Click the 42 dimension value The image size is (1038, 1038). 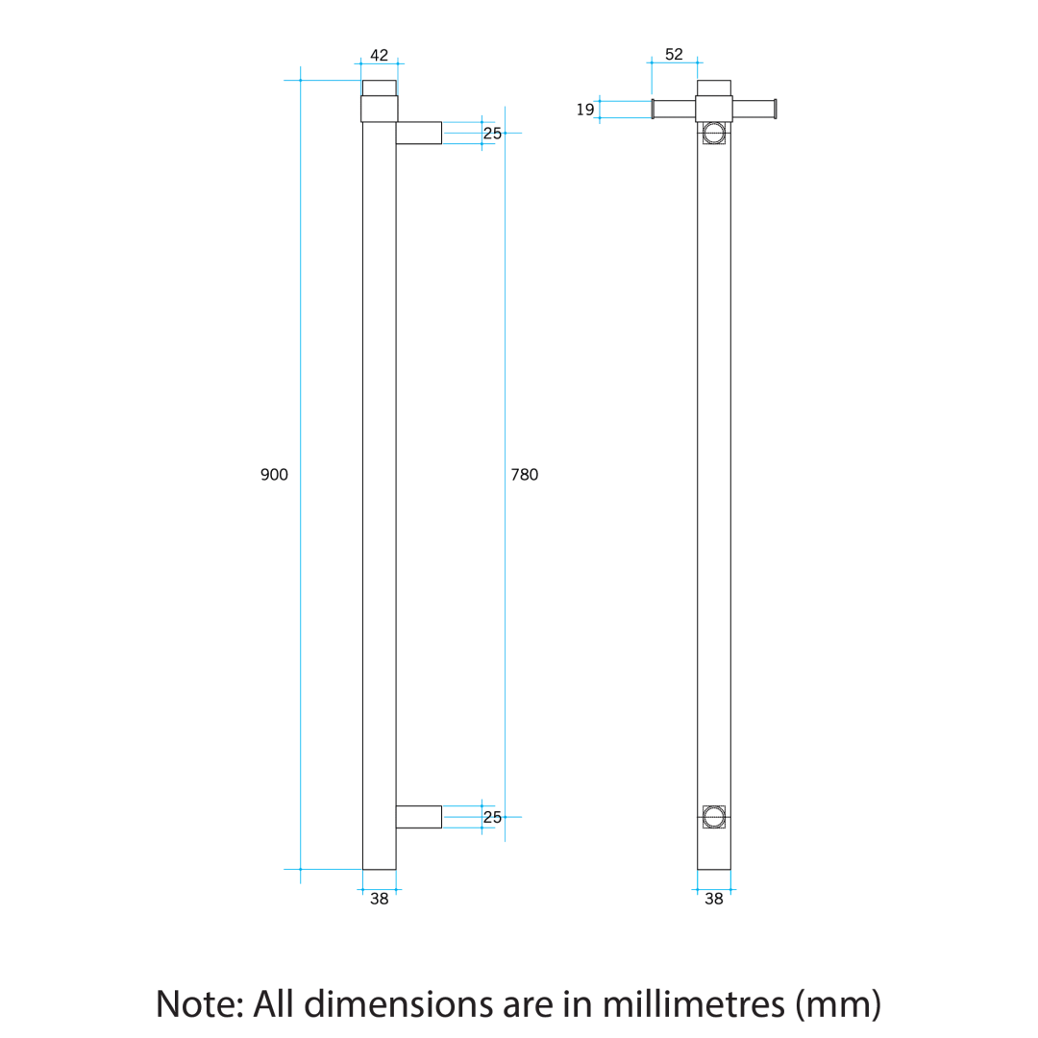379,55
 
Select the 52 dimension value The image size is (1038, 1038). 674,55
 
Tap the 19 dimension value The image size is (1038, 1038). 585,110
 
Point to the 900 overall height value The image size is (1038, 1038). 274,475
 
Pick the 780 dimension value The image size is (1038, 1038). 524,475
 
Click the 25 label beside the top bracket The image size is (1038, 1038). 492,134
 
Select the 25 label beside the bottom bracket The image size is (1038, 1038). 492,818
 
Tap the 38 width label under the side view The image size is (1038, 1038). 380,901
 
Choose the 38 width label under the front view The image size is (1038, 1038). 714,901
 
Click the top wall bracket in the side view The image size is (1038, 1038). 418,133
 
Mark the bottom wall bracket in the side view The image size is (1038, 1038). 418,817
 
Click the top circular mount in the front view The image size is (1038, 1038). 713,133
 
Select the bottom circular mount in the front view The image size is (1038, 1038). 713,817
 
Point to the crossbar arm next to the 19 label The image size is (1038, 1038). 674,109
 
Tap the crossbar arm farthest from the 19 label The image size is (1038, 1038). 754,109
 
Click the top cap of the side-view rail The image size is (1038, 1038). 379,88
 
